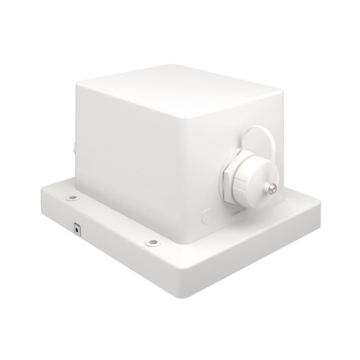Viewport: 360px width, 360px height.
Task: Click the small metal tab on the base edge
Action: point(77,228)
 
